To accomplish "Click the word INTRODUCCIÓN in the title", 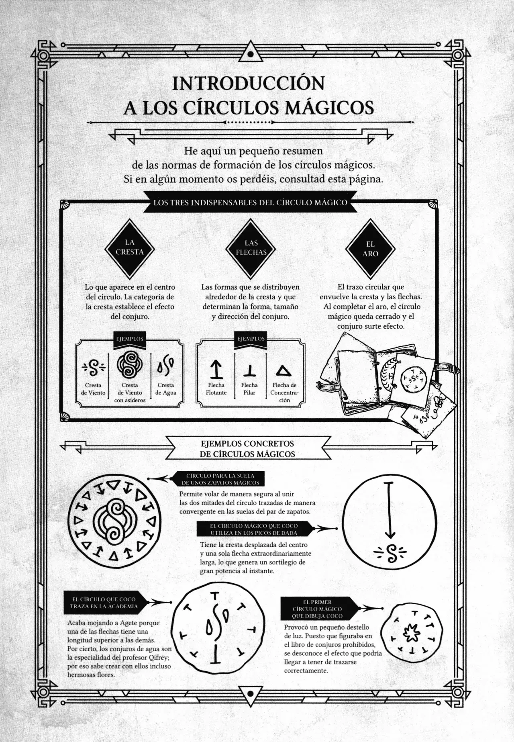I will tap(248, 83).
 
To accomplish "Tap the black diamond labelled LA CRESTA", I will tap(129, 247).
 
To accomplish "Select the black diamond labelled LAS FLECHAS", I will tap(251, 248).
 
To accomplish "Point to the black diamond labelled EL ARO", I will tap(370, 249).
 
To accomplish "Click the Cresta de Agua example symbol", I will tap(165, 365).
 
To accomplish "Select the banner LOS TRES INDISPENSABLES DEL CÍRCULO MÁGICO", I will tap(250, 202).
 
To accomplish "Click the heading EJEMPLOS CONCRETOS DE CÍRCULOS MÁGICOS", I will tap(247, 449).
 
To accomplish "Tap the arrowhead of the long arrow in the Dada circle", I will tap(390, 535).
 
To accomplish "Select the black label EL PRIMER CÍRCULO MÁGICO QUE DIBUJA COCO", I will tap(317, 609).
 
